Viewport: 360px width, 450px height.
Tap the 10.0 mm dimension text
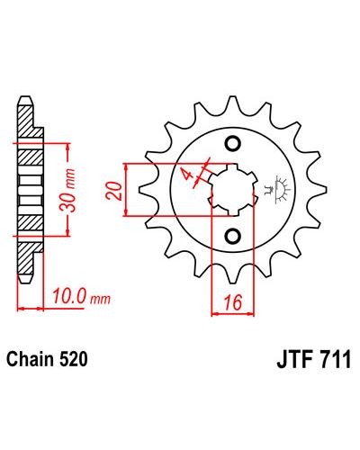(82, 297)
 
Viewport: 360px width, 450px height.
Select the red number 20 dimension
(114, 191)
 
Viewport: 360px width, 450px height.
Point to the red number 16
(233, 302)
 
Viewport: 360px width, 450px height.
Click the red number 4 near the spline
(187, 175)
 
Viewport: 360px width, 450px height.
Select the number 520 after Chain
(74, 359)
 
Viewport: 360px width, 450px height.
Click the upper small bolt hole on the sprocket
(233, 144)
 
